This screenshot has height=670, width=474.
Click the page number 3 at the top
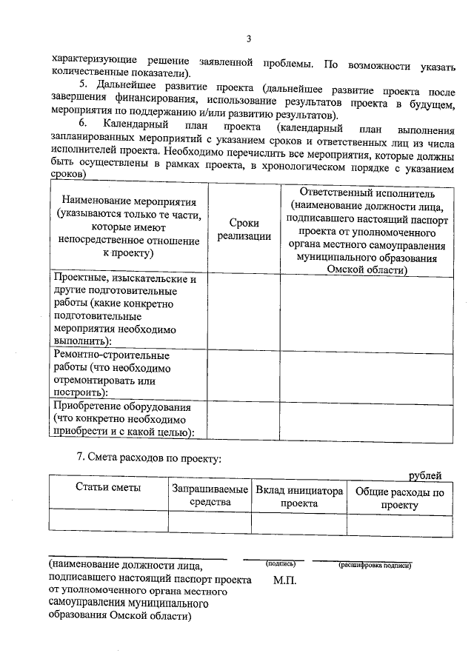click(249, 39)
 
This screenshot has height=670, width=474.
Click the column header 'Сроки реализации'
click(244, 228)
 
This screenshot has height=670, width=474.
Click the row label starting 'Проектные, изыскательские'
click(124, 309)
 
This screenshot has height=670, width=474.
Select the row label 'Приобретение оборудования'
click(124, 420)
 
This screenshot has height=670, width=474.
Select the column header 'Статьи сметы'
click(109, 489)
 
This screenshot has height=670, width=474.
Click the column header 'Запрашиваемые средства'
click(210, 496)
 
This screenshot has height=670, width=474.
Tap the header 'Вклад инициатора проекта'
click(298, 496)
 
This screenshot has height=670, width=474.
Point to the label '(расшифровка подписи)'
click(374, 565)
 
